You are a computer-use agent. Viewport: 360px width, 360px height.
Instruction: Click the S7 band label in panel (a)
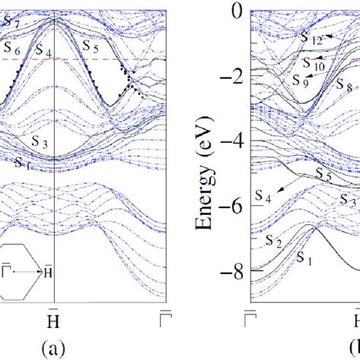[x=11, y=22]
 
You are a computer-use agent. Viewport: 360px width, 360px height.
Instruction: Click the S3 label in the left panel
[x=40, y=141]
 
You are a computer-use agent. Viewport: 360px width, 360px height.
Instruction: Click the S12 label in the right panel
[x=312, y=37]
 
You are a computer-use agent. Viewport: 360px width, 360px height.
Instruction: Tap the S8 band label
[x=343, y=88]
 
